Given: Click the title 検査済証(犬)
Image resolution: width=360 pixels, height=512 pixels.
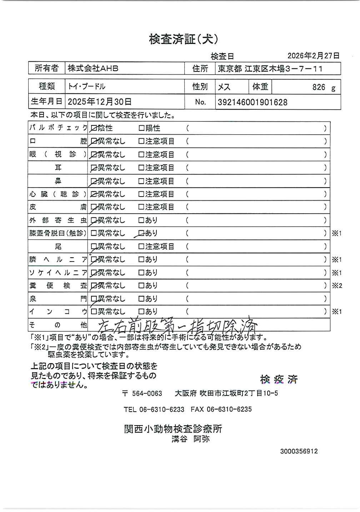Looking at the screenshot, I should [183, 39].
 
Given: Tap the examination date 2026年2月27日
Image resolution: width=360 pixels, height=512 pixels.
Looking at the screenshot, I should [313, 56].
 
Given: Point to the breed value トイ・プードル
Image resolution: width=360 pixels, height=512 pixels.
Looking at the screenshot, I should [86, 86].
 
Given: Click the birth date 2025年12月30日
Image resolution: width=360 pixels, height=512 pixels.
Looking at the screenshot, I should [100, 102].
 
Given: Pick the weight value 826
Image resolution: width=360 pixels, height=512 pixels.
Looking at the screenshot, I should [319, 87].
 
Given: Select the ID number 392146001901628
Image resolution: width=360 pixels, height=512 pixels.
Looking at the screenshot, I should [252, 103].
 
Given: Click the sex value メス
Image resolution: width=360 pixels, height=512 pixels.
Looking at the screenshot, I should [224, 87].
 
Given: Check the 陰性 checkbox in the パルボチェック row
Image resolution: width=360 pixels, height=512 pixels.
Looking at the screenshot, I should [94, 128].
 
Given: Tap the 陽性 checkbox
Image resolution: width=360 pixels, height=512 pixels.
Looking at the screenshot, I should [141, 128].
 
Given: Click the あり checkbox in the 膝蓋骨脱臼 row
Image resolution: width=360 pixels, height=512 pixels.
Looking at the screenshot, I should [141, 233].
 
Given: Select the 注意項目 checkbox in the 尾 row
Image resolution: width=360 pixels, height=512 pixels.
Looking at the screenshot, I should [141, 247].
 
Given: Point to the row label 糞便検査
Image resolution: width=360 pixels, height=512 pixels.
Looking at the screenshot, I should [58, 286].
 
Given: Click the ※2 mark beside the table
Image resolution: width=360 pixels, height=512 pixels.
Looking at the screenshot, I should [337, 286].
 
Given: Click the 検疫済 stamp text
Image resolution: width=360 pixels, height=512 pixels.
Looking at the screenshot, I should [279, 379].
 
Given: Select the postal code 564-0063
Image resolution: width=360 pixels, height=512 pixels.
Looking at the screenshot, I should [147, 394].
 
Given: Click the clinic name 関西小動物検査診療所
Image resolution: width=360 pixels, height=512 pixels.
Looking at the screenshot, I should [173, 429].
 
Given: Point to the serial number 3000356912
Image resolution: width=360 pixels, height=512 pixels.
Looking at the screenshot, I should [299, 451].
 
